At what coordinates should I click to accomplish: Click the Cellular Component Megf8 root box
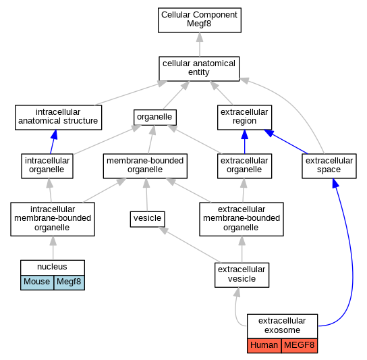[200, 20]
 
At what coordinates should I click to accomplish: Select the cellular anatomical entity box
[199, 69]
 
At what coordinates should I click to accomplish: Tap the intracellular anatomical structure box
[58, 118]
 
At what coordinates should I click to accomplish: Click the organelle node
[155, 118]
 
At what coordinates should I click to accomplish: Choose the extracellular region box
[245, 118]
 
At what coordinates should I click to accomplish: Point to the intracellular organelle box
[47, 166]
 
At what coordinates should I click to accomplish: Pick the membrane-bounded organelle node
[145, 166]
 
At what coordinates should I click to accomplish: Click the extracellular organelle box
[245, 166]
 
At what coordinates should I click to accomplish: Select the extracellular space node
[329, 166]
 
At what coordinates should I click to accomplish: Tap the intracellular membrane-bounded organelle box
[53, 219]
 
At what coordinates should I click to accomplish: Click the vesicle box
[148, 219]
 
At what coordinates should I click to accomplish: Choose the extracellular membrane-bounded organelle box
[242, 219]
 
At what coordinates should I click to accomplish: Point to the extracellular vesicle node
[242, 275]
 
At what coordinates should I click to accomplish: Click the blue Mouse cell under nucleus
[37, 282]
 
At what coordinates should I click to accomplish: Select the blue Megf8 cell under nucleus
[69, 282]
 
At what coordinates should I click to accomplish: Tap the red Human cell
[264, 346]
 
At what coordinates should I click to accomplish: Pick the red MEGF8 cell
[300, 346]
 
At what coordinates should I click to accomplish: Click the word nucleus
[52, 267]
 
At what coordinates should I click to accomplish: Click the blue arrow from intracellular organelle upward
[53, 142]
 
